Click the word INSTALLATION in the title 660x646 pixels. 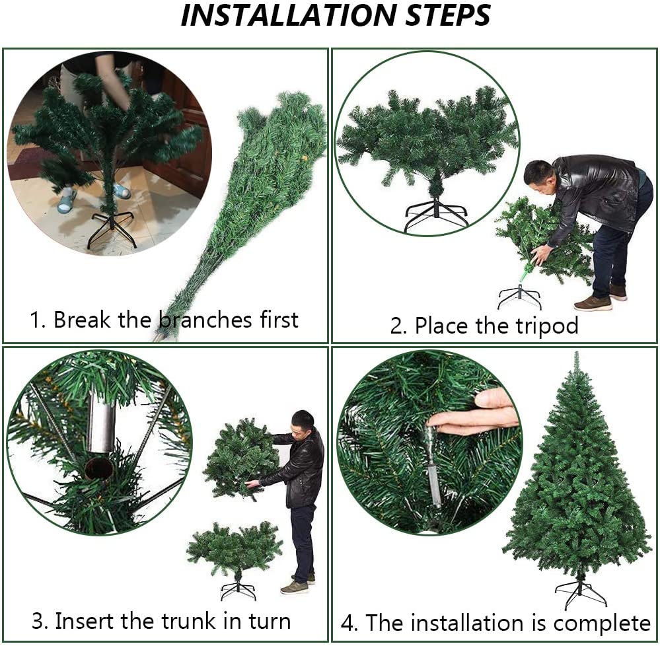pyautogui.click(x=288, y=16)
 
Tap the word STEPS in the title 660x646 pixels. pyautogui.click(x=447, y=16)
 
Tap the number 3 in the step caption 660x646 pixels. pyautogui.click(x=39, y=622)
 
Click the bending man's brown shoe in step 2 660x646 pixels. pyautogui.click(x=593, y=303)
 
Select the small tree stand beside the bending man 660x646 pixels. pyautogui.click(x=519, y=297)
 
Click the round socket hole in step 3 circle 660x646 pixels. pyautogui.click(x=99, y=468)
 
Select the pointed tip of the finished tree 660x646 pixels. pyautogui.click(x=577, y=353)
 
